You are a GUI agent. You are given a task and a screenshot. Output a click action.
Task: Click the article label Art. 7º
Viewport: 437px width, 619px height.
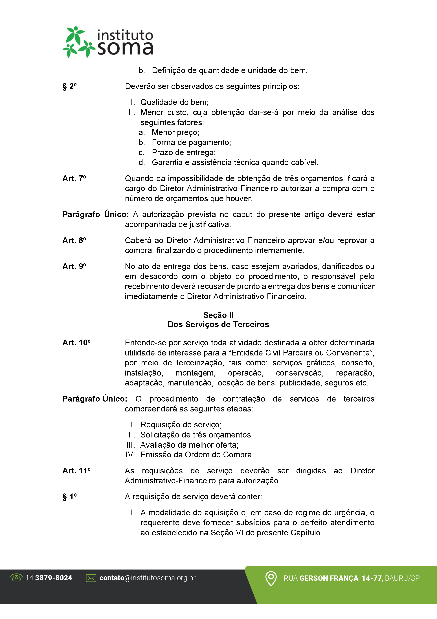[x=74, y=178]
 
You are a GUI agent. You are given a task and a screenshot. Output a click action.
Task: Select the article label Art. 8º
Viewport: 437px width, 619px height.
[x=74, y=240]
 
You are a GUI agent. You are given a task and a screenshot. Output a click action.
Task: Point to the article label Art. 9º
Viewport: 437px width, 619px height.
[x=74, y=266]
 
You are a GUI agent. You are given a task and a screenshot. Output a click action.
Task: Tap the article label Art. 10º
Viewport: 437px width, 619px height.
[x=76, y=343]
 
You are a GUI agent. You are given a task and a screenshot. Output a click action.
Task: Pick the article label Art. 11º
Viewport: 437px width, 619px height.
[x=76, y=471]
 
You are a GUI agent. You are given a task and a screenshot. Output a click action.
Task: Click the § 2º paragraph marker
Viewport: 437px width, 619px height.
[x=69, y=87]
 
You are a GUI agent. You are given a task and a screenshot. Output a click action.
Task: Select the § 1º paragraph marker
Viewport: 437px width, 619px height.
[x=69, y=497]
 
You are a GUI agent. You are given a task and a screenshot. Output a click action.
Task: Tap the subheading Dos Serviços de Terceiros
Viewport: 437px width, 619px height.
[x=218, y=324]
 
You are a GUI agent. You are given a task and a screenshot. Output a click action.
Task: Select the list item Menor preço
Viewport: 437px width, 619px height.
[x=175, y=132]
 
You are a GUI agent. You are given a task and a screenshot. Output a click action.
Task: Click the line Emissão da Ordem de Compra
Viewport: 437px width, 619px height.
[x=197, y=455]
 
